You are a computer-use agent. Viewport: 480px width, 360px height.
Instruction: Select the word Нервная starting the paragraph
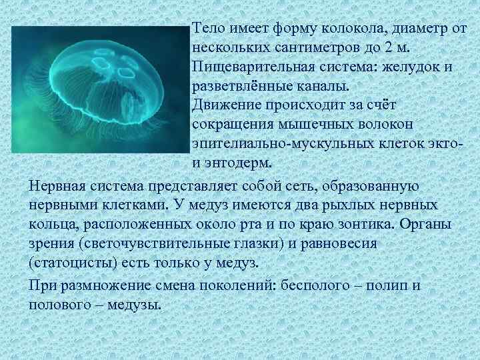pos(57,185)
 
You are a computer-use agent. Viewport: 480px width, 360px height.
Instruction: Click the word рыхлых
pos(337,204)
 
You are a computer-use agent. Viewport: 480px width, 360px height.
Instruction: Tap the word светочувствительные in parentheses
pos(149,243)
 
